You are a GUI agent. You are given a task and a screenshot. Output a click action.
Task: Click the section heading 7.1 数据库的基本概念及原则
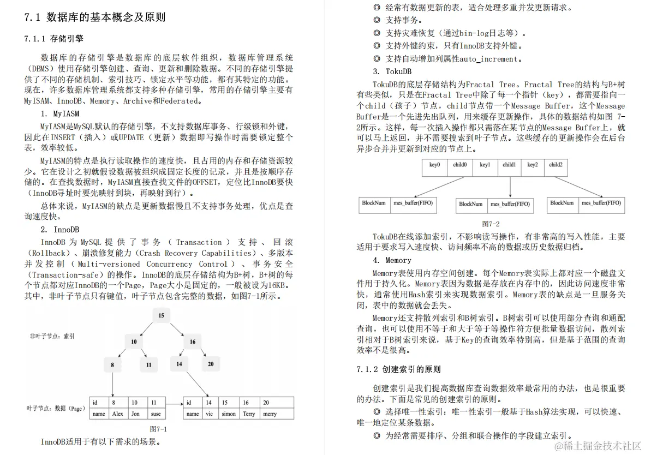coord(95,17)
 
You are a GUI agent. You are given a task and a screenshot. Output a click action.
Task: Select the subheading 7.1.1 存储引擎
coord(54,39)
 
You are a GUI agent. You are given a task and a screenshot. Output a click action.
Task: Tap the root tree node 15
coord(161,316)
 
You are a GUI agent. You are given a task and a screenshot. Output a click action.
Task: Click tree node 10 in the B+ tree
coord(134,342)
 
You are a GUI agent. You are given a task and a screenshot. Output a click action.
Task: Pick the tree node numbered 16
coord(193,342)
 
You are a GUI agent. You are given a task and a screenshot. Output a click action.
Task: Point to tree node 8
coord(112,364)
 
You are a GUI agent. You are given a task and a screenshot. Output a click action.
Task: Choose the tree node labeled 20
coord(211,364)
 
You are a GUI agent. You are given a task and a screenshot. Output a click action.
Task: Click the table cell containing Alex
coord(118,414)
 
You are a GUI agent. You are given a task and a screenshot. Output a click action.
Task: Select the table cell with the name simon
coord(229,414)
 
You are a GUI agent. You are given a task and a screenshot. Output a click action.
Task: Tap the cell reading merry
coord(270,414)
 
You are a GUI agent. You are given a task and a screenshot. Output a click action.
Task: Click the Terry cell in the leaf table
coord(249,414)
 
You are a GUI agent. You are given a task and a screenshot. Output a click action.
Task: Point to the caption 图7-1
coord(158,429)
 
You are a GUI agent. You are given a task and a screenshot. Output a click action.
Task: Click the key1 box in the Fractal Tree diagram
coord(485,165)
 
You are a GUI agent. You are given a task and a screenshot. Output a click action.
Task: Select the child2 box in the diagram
coord(556,165)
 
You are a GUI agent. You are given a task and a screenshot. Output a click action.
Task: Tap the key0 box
coord(435,165)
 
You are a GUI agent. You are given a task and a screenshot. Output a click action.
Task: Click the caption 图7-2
coord(491,224)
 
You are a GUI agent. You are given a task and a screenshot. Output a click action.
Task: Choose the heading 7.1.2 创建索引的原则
coord(398,369)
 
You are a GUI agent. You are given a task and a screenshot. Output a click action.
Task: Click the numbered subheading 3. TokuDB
coord(392,71)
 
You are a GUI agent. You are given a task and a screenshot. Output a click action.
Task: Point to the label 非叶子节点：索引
coord(52,336)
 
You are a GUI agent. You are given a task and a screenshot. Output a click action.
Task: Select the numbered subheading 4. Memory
coord(392,260)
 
